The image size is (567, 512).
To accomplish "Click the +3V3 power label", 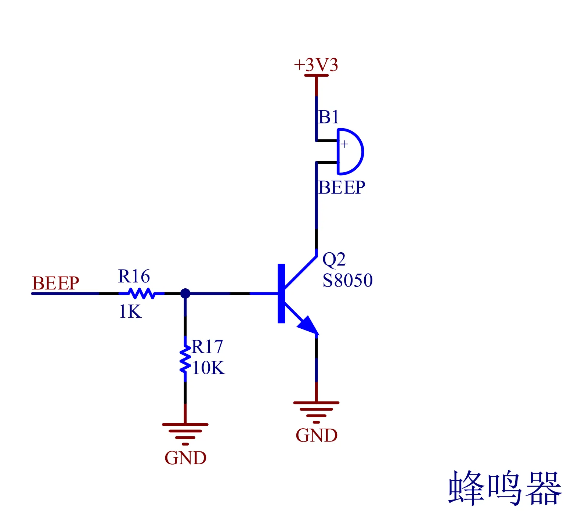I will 316,65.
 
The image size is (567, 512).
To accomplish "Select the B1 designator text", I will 328,118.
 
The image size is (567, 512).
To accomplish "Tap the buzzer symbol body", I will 350,152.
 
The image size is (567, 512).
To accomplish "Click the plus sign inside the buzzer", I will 344,144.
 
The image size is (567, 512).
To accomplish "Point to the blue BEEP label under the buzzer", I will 342,188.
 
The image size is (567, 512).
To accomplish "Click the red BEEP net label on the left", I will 55,283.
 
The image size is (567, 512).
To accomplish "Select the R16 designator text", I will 134,276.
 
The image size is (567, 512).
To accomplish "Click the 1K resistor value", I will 130,311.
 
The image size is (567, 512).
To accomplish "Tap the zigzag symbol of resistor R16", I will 141,293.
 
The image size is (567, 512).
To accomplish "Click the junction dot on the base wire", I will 185,293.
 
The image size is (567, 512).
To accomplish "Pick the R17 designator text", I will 207,346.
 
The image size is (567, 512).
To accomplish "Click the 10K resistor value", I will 208,368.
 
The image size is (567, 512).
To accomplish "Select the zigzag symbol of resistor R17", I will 185,359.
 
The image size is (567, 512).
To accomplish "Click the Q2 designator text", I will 334,259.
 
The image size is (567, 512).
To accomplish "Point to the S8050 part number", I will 347,280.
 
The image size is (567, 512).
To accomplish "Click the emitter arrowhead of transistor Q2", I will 308,325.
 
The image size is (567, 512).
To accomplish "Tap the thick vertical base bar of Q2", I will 281,293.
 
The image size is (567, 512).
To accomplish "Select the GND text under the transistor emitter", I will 316,436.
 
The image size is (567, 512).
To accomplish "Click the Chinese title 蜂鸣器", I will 505,488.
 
